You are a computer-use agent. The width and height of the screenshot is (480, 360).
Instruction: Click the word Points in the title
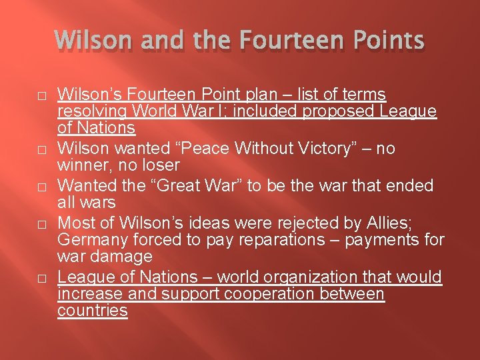[x=385, y=41]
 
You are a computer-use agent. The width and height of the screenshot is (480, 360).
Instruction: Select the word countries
[x=93, y=310]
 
